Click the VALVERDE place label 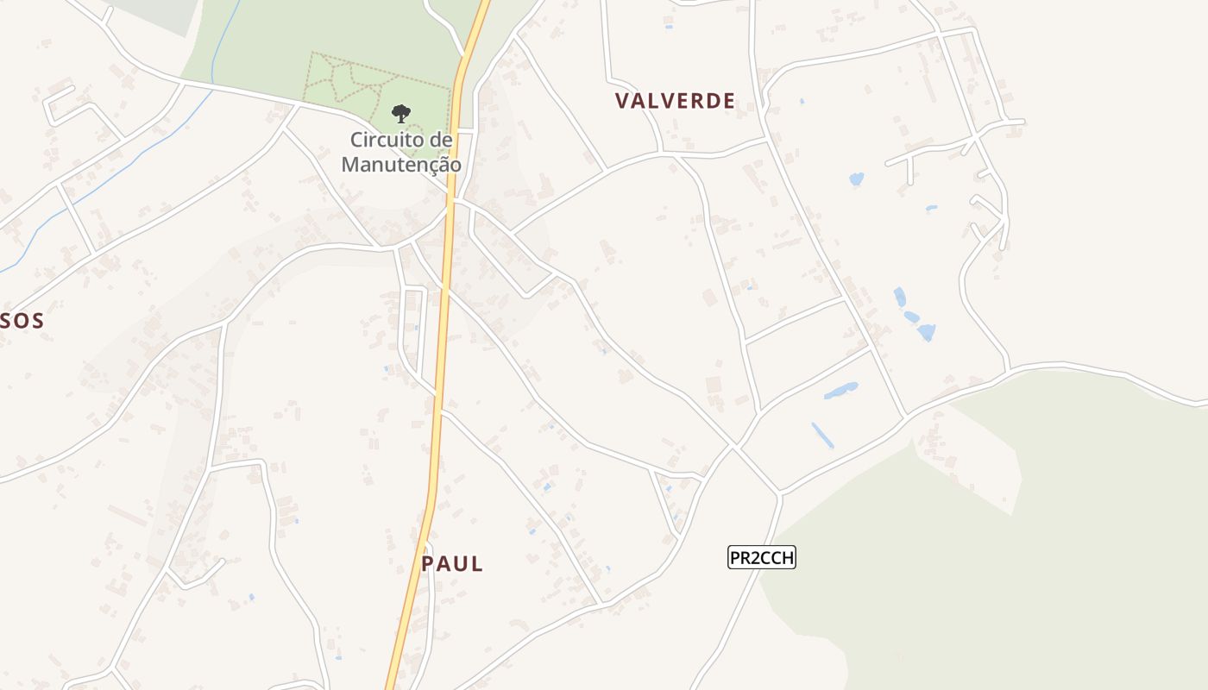(675, 101)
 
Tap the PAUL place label (452, 564)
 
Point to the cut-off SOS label (21, 321)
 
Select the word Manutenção (401, 164)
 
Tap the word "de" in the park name (441, 140)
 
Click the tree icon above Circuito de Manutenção (401, 113)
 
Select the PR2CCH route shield (761, 558)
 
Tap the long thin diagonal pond (822, 435)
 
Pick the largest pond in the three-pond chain (926, 332)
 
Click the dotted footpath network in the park (345, 82)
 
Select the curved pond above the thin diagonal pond (840, 391)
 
